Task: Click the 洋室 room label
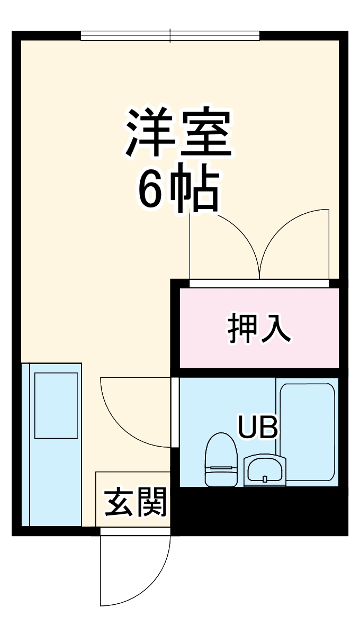(x=179, y=133)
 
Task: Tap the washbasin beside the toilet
(x=264, y=470)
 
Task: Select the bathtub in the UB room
(x=307, y=431)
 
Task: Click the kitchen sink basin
(x=56, y=405)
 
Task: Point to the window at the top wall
(x=170, y=36)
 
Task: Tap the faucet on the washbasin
(x=264, y=479)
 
